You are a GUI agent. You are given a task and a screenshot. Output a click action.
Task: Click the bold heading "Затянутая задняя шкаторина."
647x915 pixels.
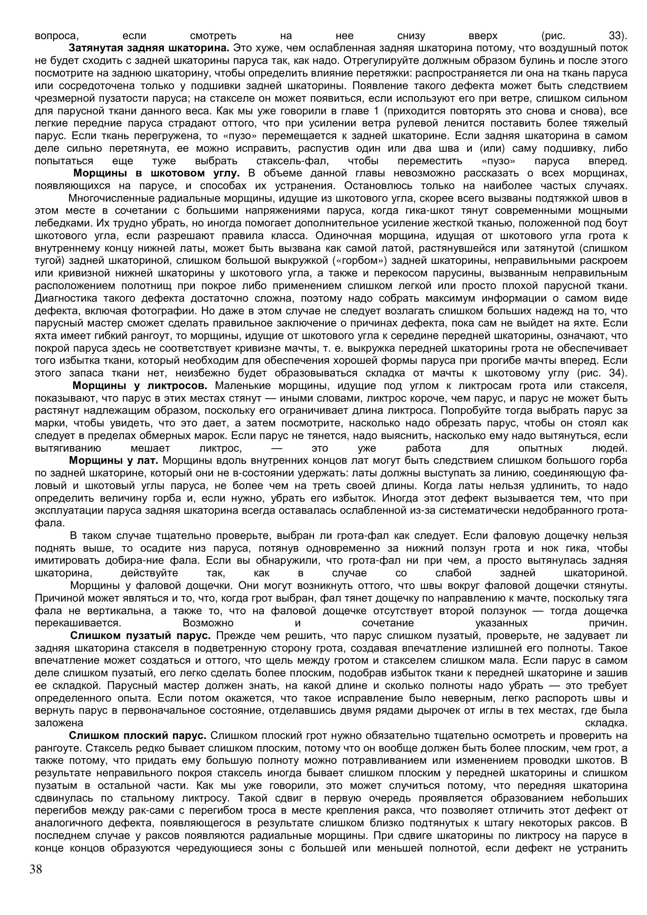[149, 47]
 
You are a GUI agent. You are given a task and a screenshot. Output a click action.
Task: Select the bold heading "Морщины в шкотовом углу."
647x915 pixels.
[157, 173]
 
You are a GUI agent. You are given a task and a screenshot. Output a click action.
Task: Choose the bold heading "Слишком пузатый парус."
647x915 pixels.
[140, 636]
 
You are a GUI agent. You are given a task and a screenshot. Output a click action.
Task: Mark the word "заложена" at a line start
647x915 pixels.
[59, 723]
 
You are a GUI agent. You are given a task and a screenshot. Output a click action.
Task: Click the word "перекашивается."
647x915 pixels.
[78, 623]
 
